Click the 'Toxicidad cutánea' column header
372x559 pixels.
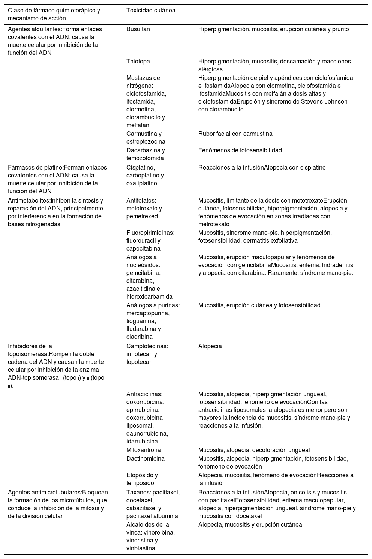pyautogui.click(x=151, y=11)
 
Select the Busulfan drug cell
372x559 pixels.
pyautogui.click(x=138, y=29)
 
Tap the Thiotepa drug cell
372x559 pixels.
pyautogui.click(x=138, y=61)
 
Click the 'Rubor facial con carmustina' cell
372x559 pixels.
pyautogui.click(x=235, y=134)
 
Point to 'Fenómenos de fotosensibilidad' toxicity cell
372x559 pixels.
pyautogui.click(x=240, y=150)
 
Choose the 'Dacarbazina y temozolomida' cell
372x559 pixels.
pyautogui.click(x=145, y=154)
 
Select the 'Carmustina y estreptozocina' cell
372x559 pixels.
pyautogui.click(x=145, y=137)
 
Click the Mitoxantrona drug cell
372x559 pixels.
pyautogui.click(x=144, y=450)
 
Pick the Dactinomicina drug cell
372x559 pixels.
pyautogui.click(x=145, y=458)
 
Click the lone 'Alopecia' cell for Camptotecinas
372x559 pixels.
pyautogui.click(x=210, y=346)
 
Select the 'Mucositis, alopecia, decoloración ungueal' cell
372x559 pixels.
pyautogui.click(x=254, y=450)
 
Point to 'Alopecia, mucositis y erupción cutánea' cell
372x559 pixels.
pyautogui.click(x=250, y=524)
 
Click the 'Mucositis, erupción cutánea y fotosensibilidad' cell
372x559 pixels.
pyautogui.click(x=259, y=305)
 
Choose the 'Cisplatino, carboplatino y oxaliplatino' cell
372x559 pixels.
pyautogui.click(x=145, y=175)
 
